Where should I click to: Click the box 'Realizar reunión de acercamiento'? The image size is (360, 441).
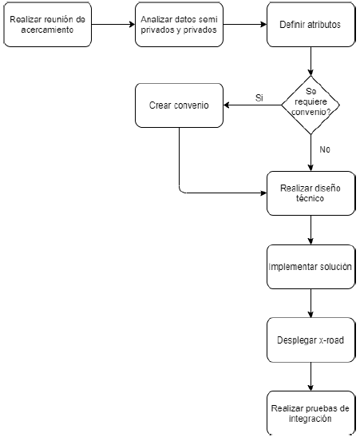[x=47, y=25]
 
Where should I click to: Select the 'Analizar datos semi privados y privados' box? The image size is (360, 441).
[x=179, y=25]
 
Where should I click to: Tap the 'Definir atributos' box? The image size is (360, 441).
[x=311, y=25]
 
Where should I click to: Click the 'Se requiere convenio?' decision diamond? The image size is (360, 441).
[x=311, y=105]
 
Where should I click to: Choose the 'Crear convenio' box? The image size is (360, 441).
[x=179, y=105]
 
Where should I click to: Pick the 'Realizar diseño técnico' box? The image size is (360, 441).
[x=311, y=193]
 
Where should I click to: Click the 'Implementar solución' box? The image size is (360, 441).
[x=311, y=267]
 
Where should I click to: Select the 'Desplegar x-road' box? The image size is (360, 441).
[x=311, y=340]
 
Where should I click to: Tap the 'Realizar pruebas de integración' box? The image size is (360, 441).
[x=311, y=413]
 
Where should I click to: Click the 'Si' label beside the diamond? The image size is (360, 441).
[x=259, y=98]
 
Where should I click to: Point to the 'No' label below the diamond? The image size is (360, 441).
[x=325, y=149]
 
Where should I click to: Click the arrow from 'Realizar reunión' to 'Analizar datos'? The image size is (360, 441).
[x=113, y=25]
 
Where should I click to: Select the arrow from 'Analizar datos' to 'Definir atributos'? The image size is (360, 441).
[x=245, y=25]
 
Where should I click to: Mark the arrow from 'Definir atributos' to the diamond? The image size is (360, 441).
[x=311, y=61]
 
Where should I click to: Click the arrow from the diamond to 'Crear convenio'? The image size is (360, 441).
[x=252, y=105]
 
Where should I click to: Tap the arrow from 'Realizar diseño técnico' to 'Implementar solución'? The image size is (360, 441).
[x=311, y=230]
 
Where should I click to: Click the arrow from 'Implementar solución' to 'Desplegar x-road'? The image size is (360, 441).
[x=311, y=304]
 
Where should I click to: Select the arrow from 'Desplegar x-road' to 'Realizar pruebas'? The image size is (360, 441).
[x=311, y=376]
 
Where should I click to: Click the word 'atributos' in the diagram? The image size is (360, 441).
[x=324, y=25]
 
